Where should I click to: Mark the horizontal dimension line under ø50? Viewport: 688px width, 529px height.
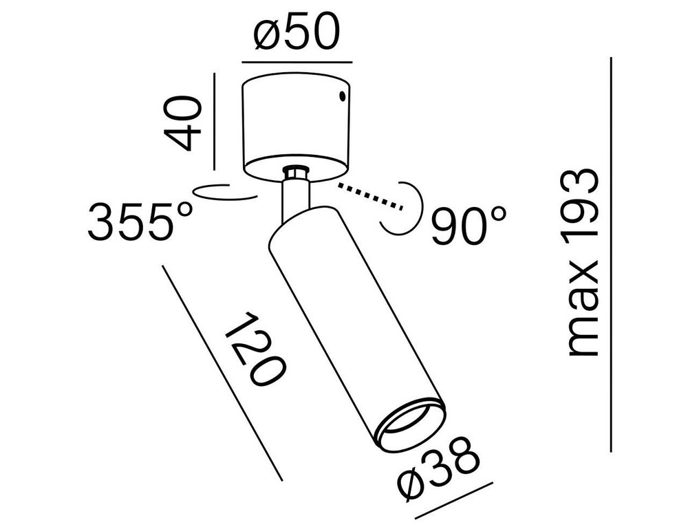click(297, 63)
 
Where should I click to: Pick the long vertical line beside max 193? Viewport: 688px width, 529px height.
click(611, 255)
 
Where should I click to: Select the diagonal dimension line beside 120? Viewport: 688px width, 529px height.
click(222, 372)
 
